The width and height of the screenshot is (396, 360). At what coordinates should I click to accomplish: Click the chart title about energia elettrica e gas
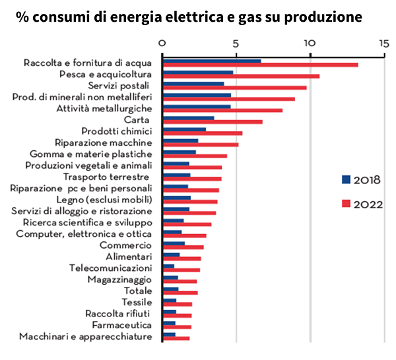(189, 16)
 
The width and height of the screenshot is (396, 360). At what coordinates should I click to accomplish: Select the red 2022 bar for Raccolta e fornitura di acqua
(260, 65)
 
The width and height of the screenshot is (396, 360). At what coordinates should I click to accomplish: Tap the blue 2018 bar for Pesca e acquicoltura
(198, 73)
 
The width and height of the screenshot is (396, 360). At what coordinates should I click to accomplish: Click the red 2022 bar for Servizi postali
(234, 87)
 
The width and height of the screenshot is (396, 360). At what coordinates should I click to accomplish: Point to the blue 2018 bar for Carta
(188, 118)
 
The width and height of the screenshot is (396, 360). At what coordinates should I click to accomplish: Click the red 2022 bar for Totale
(180, 292)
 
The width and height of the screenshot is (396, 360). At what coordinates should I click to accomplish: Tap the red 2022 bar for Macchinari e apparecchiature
(176, 338)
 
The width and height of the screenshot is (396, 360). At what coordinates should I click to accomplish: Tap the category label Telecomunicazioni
(111, 268)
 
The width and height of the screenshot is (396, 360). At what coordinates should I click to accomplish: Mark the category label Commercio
(129, 245)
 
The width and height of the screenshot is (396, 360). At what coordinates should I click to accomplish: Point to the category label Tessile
(137, 302)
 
